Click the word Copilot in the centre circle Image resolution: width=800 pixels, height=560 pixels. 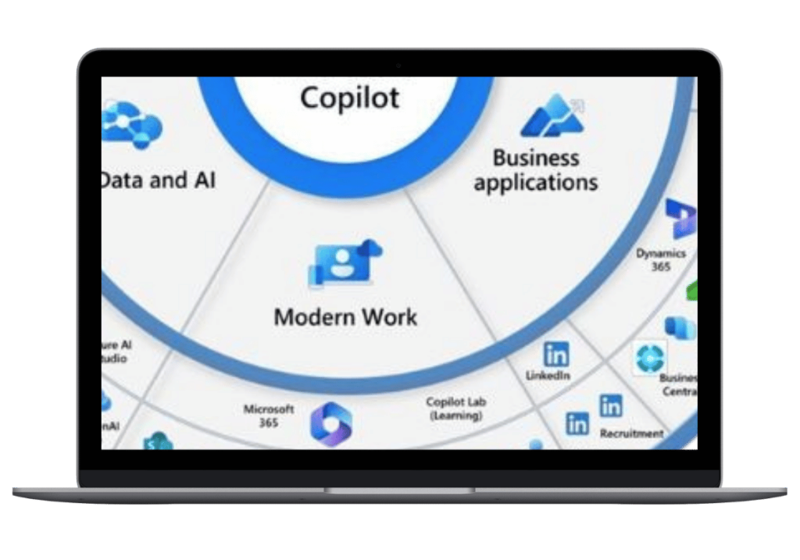pyautogui.click(x=349, y=98)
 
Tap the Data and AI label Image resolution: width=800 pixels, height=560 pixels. pyautogui.click(x=158, y=180)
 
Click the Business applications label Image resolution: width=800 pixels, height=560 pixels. pyautogui.click(x=536, y=170)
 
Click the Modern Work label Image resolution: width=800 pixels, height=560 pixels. pyautogui.click(x=345, y=317)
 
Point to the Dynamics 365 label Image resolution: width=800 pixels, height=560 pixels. pyautogui.click(x=661, y=259)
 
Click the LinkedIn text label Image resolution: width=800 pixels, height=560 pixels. pyautogui.click(x=548, y=376)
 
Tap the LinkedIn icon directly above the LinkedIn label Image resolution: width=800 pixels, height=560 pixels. pyautogui.click(x=556, y=355)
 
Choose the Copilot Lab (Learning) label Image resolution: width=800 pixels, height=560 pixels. pyautogui.click(x=457, y=408)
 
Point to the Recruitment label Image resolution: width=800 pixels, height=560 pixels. pyautogui.click(x=631, y=433)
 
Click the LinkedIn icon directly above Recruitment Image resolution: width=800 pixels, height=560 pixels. pyautogui.click(x=611, y=406)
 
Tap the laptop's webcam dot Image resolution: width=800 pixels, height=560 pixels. pyautogui.click(x=398, y=66)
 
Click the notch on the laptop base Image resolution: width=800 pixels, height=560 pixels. pyautogui.click(x=399, y=490)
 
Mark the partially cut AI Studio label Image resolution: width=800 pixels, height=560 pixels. pyautogui.click(x=115, y=351)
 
